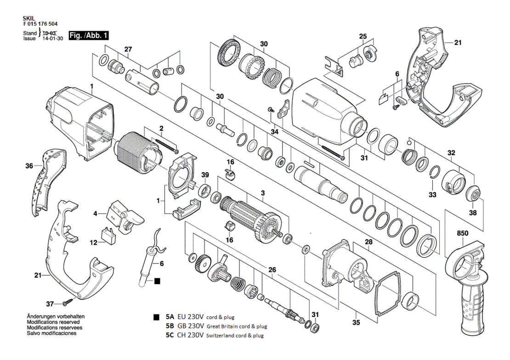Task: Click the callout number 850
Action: [x=462, y=233]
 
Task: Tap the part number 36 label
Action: [x=29, y=166]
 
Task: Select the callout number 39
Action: [x=205, y=175]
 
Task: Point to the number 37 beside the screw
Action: [x=50, y=304]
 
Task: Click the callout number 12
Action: [x=94, y=242]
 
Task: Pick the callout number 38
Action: [x=473, y=213]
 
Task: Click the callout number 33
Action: [x=432, y=195]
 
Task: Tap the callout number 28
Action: [x=368, y=242]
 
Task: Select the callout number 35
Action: [x=356, y=322]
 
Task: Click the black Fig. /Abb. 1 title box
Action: [x=89, y=35]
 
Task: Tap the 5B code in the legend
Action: [x=170, y=326]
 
